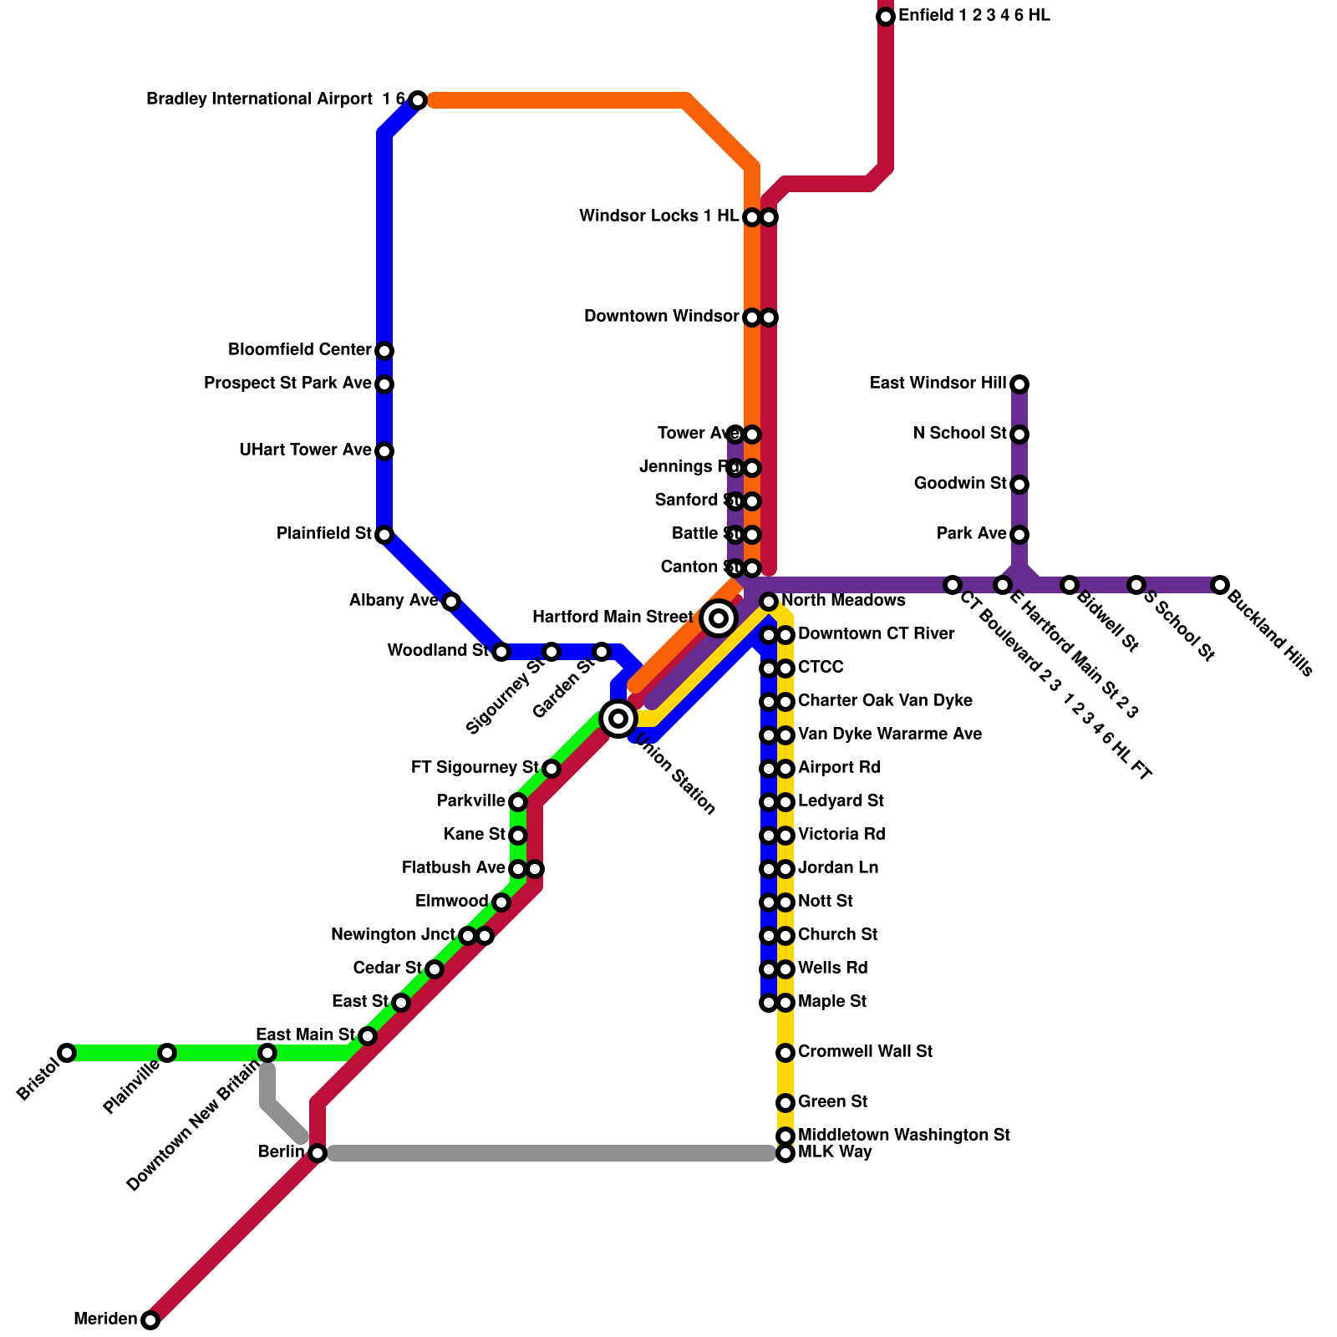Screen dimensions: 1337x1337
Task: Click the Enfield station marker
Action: [x=886, y=17]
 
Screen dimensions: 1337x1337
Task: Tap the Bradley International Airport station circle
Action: [x=418, y=100]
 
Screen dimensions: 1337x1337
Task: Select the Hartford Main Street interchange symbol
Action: [x=719, y=618]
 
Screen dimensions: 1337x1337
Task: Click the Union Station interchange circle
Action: [x=618, y=718]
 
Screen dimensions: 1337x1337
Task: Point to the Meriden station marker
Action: [x=150, y=1320]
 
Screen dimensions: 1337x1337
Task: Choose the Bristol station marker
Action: [x=67, y=1053]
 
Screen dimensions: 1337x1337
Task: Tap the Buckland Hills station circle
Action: [x=1220, y=585]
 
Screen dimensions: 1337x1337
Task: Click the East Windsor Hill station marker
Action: [x=1019, y=384]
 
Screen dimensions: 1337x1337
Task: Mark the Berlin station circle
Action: [x=318, y=1153]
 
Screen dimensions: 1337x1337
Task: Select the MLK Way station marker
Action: [x=785, y=1154]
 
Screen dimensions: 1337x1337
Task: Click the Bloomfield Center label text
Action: [x=299, y=350]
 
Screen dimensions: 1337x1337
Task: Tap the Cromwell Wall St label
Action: [x=865, y=1052]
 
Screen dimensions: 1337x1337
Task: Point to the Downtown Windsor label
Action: [x=661, y=317]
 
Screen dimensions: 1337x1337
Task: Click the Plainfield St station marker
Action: [x=384, y=535]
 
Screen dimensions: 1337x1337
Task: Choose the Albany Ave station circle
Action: [x=451, y=602]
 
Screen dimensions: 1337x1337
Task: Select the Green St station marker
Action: [x=785, y=1103]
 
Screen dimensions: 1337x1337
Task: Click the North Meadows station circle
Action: [x=769, y=602]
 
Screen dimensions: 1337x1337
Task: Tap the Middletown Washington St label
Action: [x=904, y=1136]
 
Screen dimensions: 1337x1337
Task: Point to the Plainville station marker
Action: [x=167, y=1053]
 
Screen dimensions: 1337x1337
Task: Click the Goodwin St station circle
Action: [x=1019, y=485]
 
